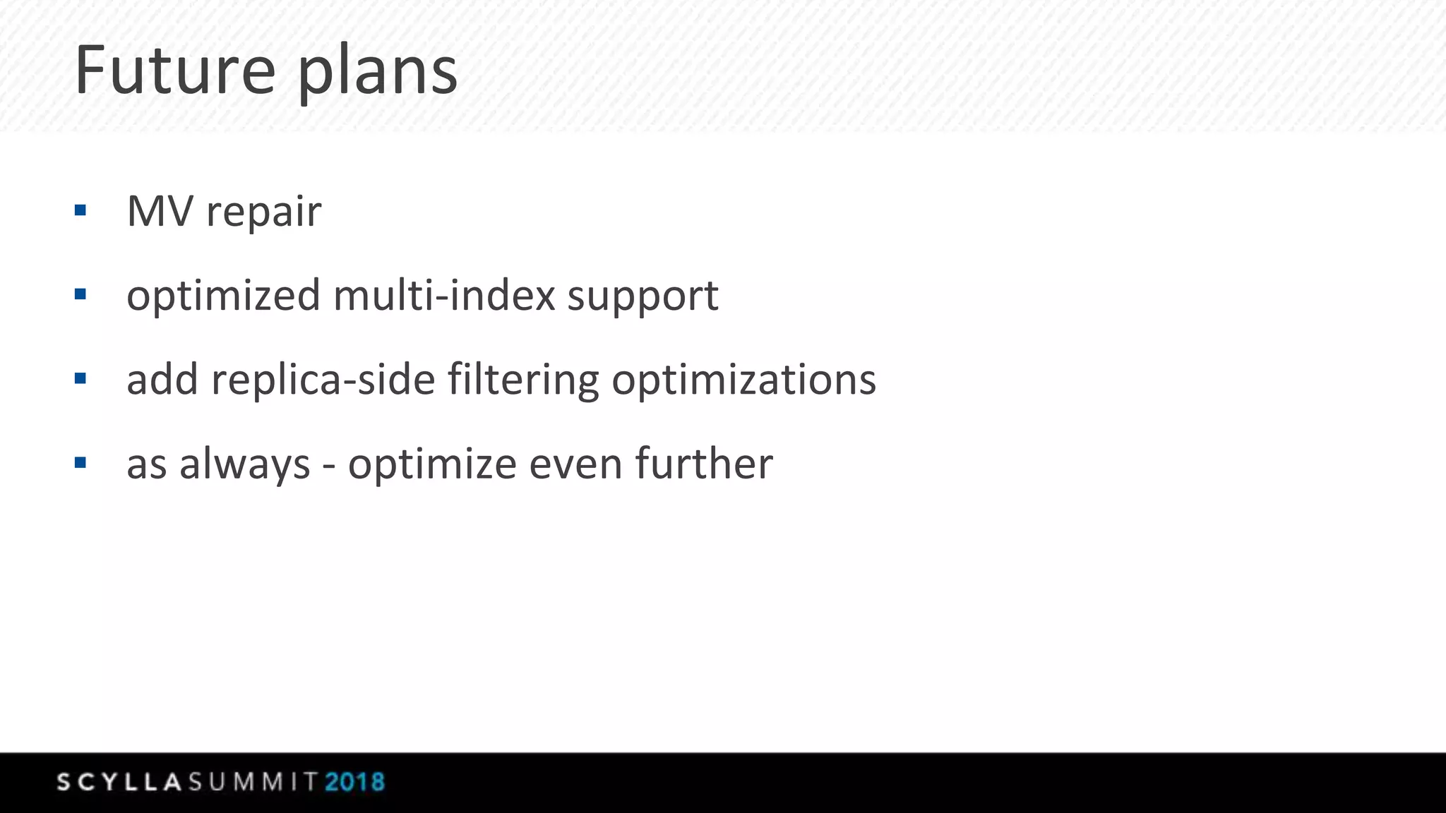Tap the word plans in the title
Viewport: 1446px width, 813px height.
tap(377, 72)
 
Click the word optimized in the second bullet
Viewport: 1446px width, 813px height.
tap(223, 296)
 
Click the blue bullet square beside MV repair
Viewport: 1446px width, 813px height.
tap(80, 210)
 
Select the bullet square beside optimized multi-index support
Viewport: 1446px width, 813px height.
tap(80, 294)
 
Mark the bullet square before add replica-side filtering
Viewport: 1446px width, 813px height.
tap(80, 378)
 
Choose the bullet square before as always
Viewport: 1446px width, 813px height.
tap(80, 462)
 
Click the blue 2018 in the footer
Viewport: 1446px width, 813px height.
tap(354, 782)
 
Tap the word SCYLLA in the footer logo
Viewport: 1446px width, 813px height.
tap(119, 782)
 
